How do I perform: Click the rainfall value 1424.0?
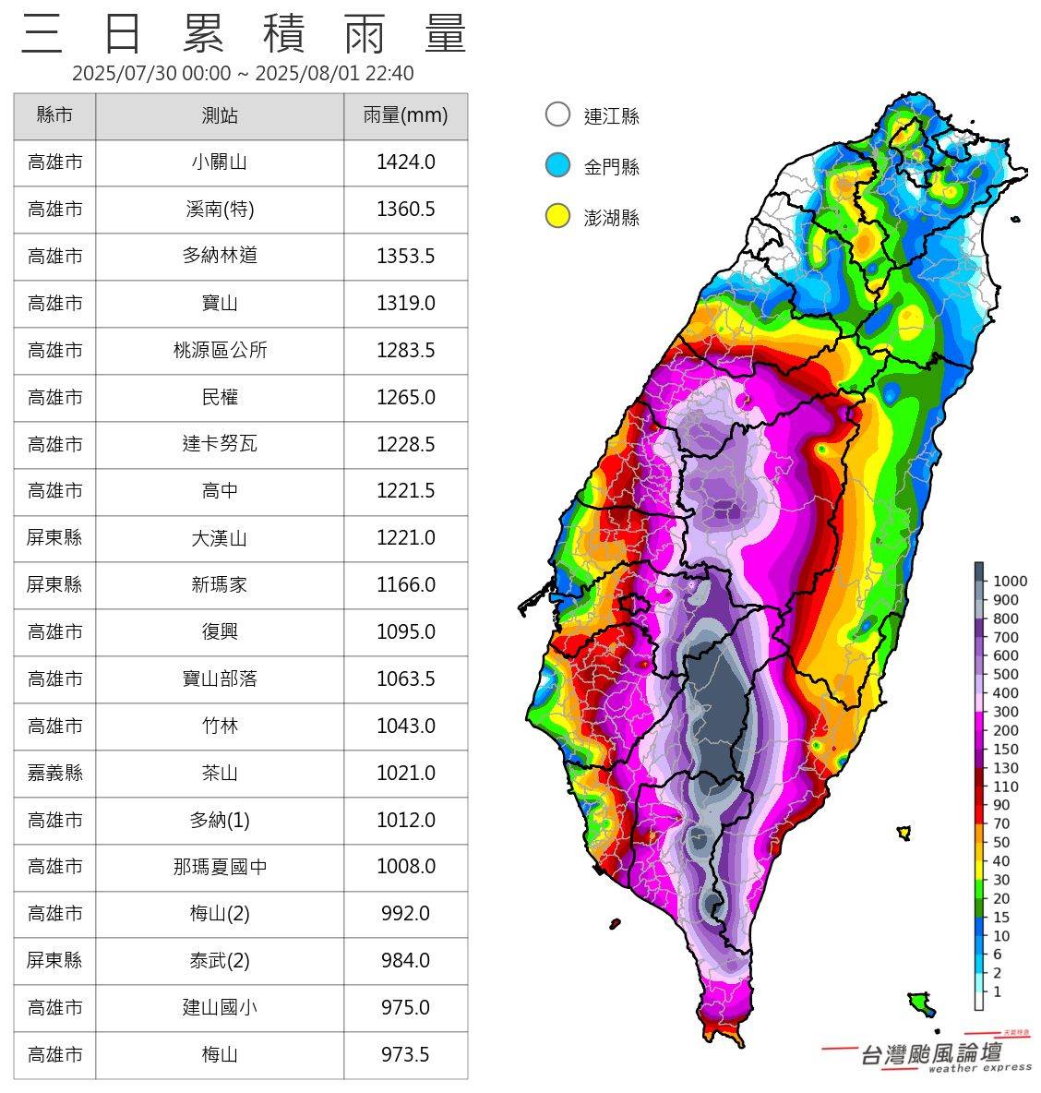[405, 162]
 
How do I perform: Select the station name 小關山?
[220, 162]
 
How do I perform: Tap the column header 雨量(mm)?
[405, 115]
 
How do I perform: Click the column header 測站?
[220, 115]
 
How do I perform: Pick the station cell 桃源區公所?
[220, 351]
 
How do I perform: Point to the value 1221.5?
[405, 491]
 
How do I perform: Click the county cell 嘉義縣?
[54, 773]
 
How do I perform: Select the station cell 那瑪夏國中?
[220, 867]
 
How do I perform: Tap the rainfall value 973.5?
[405, 1054]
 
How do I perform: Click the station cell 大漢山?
[220, 538]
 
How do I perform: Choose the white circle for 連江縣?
[557, 114]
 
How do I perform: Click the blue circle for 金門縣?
[557, 166]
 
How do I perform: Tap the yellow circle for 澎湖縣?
[557, 217]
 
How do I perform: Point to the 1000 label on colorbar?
[1010, 582]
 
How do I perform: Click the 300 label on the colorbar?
[1006, 712]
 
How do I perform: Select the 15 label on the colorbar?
[1002, 918]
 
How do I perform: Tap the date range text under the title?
[243, 73]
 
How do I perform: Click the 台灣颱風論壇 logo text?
[930, 1053]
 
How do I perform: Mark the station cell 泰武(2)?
[220, 961]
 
